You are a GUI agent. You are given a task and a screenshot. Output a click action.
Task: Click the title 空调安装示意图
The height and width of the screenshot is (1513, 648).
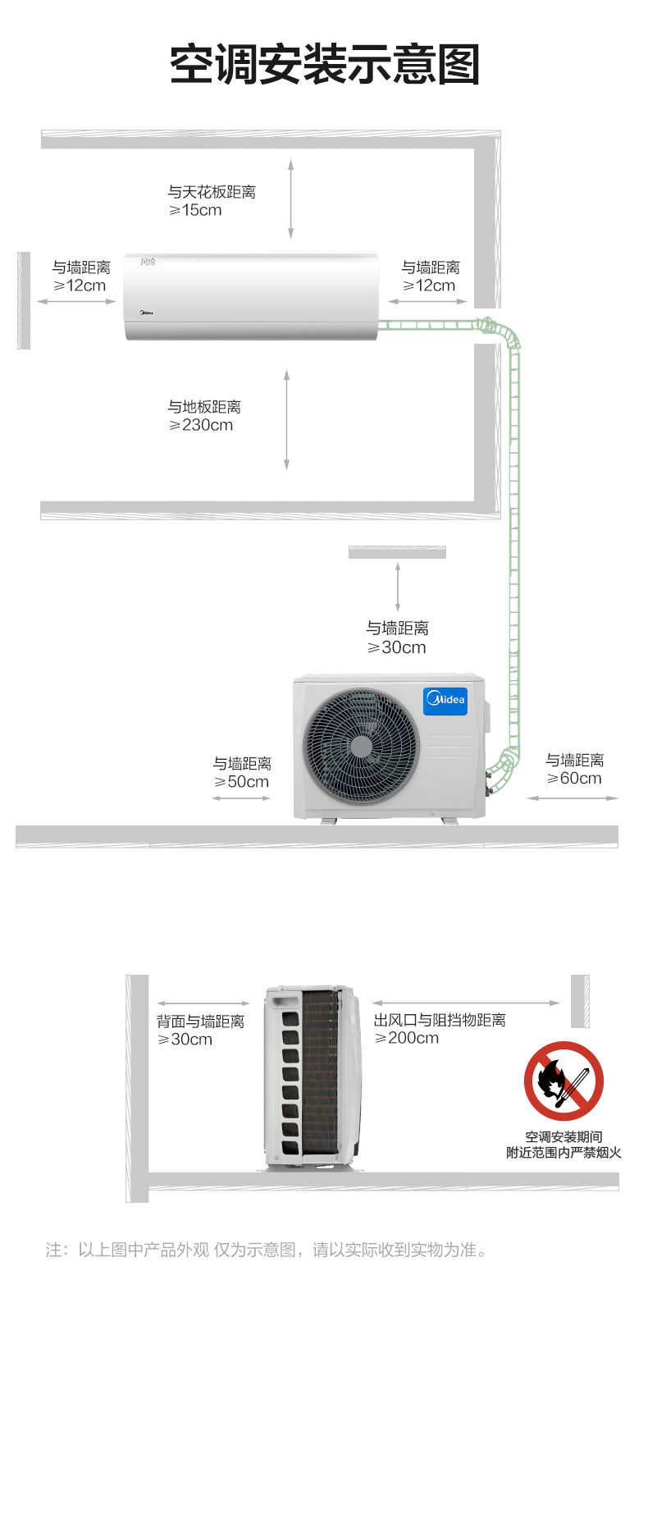point(324,65)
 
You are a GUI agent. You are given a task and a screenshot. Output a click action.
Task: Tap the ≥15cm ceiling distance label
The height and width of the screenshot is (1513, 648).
point(195,211)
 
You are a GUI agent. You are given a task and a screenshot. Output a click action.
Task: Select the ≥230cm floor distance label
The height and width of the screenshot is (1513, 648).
point(201,425)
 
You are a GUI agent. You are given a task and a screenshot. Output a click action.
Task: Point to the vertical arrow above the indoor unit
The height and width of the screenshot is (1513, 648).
point(290,199)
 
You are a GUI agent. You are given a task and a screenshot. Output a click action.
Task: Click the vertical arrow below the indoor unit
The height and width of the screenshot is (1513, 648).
point(286,419)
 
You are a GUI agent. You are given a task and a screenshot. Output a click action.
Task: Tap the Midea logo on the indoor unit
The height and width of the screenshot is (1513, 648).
point(143,312)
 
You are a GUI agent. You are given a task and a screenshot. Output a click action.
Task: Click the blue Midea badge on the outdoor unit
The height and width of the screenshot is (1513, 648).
point(445,700)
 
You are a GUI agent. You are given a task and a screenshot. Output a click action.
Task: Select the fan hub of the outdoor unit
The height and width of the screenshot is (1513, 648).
point(361,746)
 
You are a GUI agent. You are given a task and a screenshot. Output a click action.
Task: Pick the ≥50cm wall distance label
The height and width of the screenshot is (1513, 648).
point(242,782)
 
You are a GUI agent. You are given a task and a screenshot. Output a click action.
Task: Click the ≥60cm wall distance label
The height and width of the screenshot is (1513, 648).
point(575,779)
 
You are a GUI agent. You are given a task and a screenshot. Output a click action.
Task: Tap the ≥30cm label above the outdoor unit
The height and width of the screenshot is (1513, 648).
point(397,647)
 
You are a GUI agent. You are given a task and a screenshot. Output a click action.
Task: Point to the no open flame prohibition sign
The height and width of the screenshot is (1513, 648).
point(564,1081)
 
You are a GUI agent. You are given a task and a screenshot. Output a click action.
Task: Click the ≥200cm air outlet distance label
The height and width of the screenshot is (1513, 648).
point(407,1038)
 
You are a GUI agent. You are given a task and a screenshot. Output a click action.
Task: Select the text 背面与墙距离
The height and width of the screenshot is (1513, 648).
point(200,1022)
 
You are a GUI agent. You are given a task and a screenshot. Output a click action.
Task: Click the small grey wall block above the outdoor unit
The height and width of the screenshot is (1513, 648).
point(397,552)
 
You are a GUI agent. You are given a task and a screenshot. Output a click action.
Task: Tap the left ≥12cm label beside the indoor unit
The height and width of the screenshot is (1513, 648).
point(80,286)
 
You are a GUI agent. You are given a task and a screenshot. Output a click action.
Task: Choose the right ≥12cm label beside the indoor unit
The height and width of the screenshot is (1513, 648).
point(429,286)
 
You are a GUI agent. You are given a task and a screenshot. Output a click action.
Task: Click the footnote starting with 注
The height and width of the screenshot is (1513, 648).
point(267,1250)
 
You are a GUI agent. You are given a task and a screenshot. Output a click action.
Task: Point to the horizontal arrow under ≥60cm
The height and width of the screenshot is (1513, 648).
point(573,798)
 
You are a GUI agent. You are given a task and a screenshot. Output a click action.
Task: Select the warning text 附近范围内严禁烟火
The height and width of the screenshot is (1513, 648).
point(564,1153)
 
